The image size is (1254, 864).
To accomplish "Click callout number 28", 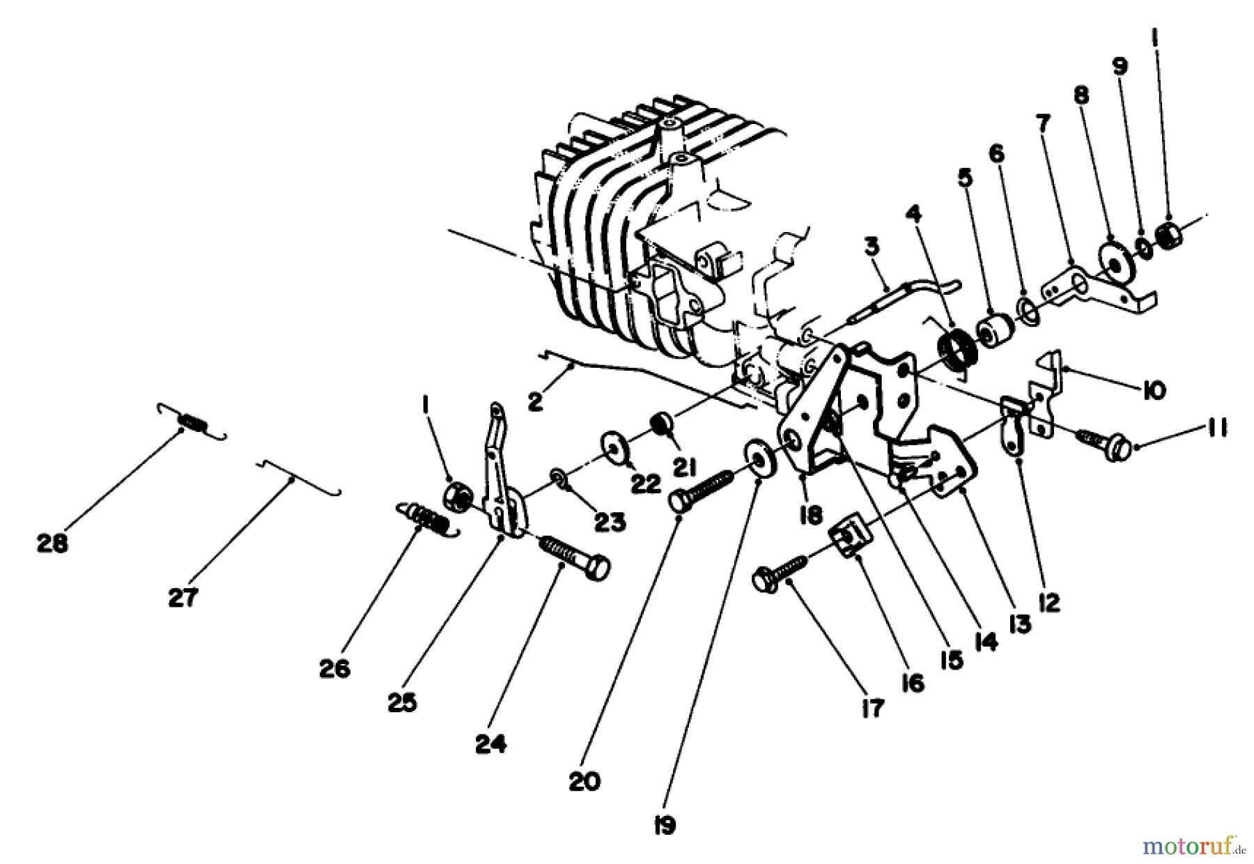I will (x=52, y=543).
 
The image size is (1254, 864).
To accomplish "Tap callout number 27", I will (x=183, y=597).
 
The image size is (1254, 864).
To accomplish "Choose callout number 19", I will (x=665, y=826).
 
